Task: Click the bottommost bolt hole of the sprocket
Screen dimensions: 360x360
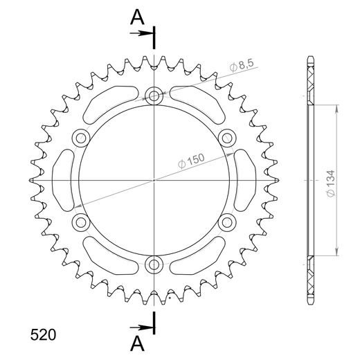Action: click(153, 262)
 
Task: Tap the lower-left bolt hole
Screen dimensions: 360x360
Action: click(81, 221)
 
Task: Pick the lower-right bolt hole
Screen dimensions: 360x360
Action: click(226, 221)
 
